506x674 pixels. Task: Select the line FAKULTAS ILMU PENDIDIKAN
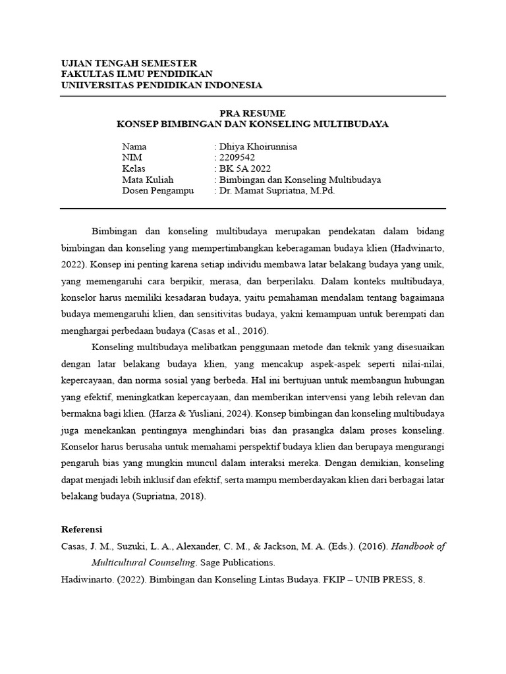click(137, 74)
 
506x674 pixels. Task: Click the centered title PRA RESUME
click(253, 113)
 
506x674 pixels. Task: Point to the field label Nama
click(134, 147)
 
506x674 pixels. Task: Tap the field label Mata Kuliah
click(146, 180)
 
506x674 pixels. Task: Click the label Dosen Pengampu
click(154, 191)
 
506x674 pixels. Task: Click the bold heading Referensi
click(82, 529)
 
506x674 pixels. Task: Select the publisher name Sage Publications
click(238, 563)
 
